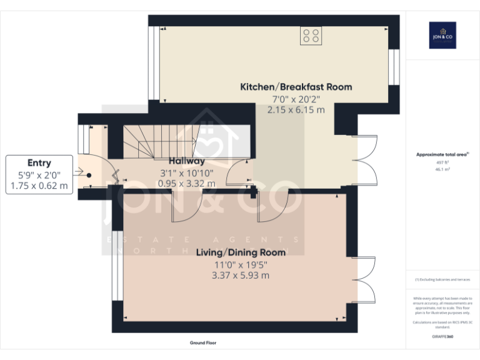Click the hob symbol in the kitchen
[x=311, y=36]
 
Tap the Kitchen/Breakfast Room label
[x=296, y=87]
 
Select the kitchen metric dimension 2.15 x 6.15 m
[x=296, y=109]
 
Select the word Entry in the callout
[x=39, y=163]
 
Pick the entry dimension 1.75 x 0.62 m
[x=39, y=186]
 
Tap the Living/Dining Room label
[x=241, y=252]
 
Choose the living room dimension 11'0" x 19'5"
[x=241, y=264]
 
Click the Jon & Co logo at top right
[x=442, y=35]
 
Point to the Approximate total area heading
[x=442, y=154]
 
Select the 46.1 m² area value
[x=442, y=169]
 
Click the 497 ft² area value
[x=442, y=162]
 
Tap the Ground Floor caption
[x=203, y=343]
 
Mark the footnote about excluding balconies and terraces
[x=442, y=279]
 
